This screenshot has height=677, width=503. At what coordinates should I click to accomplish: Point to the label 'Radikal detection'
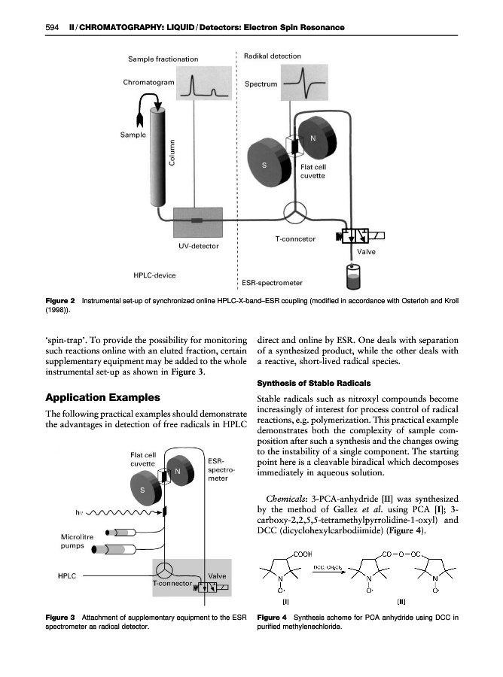coord(273,56)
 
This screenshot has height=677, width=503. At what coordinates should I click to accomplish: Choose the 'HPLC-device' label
coord(154,275)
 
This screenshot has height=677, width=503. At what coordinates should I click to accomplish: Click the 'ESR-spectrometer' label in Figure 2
coord(272,284)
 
